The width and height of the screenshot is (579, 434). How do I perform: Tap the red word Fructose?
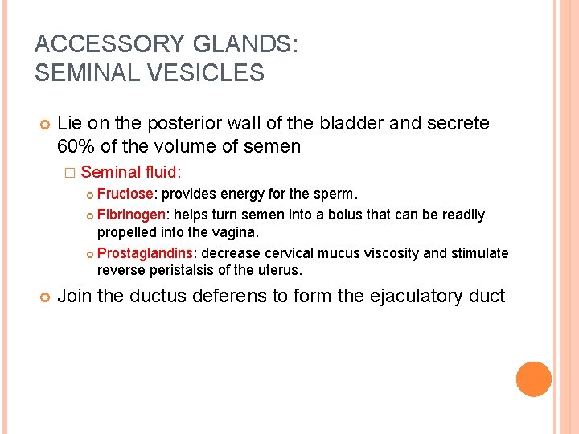125,194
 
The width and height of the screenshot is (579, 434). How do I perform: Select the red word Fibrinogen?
132,215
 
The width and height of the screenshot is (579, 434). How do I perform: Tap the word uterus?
278,269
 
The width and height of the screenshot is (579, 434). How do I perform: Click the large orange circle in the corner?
534,379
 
